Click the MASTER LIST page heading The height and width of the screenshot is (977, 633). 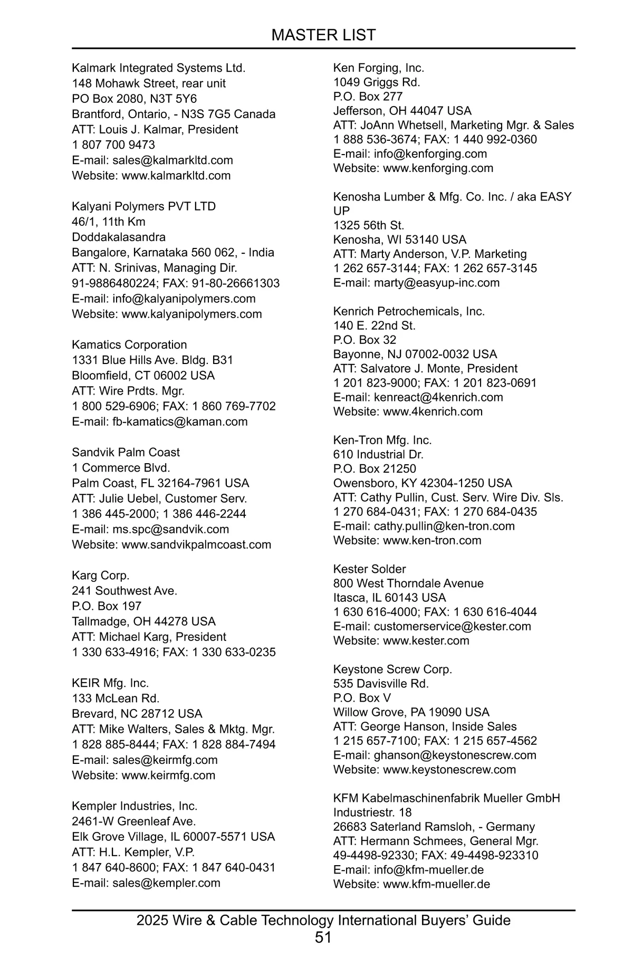pyautogui.click(x=323, y=35)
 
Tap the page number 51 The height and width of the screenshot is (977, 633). pyautogui.click(x=323, y=937)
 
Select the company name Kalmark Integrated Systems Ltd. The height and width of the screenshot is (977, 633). pyautogui.click(x=159, y=68)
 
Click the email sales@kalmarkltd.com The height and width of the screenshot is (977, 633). pyautogui.click(x=172, y=160)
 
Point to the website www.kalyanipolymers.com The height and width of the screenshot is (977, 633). pyautogui.click(x=191, y=314)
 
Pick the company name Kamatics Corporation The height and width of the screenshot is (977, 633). pyautogui.click(x=129, y=344)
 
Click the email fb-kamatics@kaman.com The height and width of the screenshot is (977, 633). pyautogui.click(x=180, y=422)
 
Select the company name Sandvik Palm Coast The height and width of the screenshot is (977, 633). pyautogui.click(x=126, y=452)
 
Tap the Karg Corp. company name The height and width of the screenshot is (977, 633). pyautogui.click(x=101, y=575)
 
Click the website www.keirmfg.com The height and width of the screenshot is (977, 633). pyautogui.click(x=168, y=775)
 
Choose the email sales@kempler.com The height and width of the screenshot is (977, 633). pyautogui.click(x=166, y=883)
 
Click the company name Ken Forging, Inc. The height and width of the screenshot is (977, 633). pyautogui.click(x=379, y=68)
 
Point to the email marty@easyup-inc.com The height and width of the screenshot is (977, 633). pyautogui.click(x=436, y=282)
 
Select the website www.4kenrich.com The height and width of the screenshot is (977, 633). pyautogui.click(x=433, y=411)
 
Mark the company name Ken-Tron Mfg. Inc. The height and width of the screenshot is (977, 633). pyautogui.click(x=382, y=440)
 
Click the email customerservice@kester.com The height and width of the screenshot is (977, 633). pyautogui.click(x=452, y=626)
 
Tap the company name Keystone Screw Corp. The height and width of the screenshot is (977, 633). pyautogui.click(x=392, y=669)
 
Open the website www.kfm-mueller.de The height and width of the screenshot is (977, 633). pyautogui.click(x=436, y=884)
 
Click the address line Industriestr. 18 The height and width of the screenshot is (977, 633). pyautogui.click(x=372, y=812)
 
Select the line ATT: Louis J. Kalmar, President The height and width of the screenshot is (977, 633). pyautogui.click(x=155, y=129)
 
